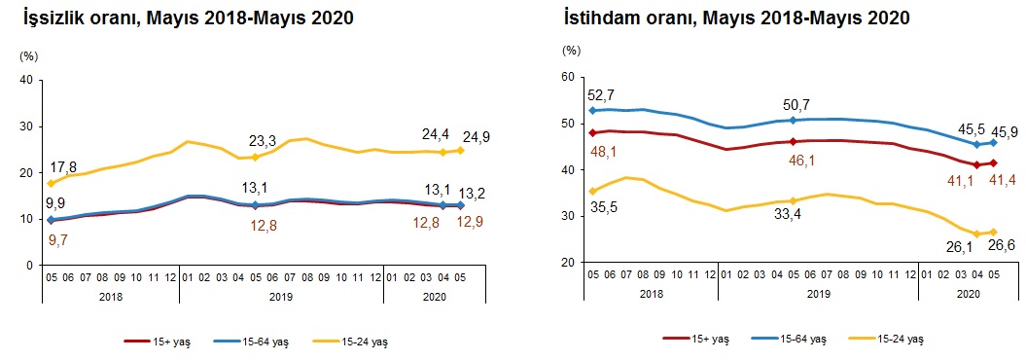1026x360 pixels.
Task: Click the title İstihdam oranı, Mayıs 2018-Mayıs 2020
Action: pos(735,18)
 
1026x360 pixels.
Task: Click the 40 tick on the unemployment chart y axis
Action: pos(27,80)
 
